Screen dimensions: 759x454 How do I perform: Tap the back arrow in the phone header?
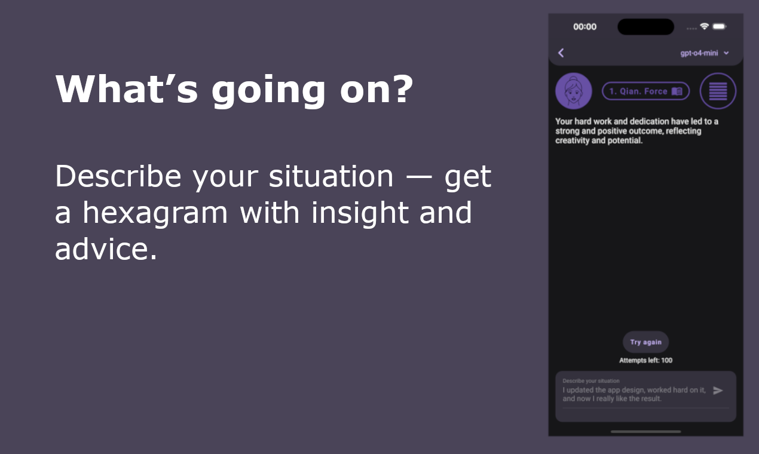coord(561,53)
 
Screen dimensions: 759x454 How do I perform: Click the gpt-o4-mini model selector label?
coord(699,53)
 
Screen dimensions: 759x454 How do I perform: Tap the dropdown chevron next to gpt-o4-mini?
coord(726,53)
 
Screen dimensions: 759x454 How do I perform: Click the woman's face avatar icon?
coord(574,91)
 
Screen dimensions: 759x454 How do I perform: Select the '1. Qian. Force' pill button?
coord(645,91)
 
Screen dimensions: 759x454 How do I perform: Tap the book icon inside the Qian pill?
coord(677,91)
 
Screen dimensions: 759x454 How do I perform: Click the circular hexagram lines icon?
coord(718,91)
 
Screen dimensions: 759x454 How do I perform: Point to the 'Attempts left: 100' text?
coord(646,360)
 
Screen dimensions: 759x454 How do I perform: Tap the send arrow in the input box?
coord(718,391)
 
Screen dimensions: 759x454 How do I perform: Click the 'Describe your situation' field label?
coord(591,381)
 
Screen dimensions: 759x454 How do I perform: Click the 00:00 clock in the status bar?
coord(585,27)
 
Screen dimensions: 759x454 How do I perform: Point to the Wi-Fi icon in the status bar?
coord(705,26)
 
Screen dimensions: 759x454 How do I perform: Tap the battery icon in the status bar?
coord(719,26)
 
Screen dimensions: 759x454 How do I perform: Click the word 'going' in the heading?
coord(268,90)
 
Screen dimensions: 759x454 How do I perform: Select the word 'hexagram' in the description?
coord(155,213)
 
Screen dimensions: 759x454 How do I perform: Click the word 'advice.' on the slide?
coord(106,249)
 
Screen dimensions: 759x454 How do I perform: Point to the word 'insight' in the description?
coord(360,212)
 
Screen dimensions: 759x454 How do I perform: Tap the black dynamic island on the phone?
coord(646,27)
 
